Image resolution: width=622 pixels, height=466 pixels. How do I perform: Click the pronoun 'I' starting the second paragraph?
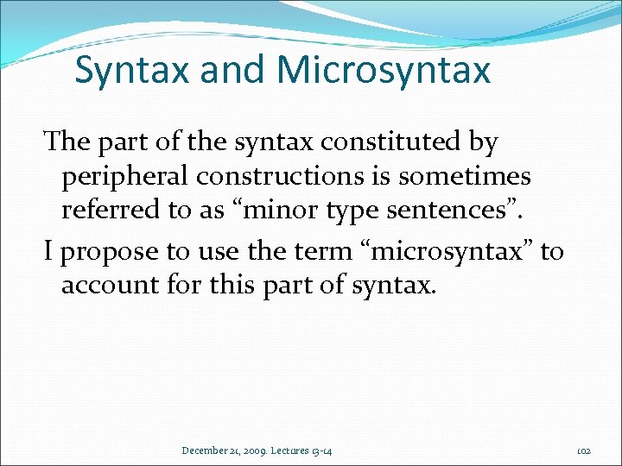(49, 251)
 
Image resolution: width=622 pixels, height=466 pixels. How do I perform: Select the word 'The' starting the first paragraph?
(66, 142)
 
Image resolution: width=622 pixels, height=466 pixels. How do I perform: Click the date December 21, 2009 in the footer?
(222, 450)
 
